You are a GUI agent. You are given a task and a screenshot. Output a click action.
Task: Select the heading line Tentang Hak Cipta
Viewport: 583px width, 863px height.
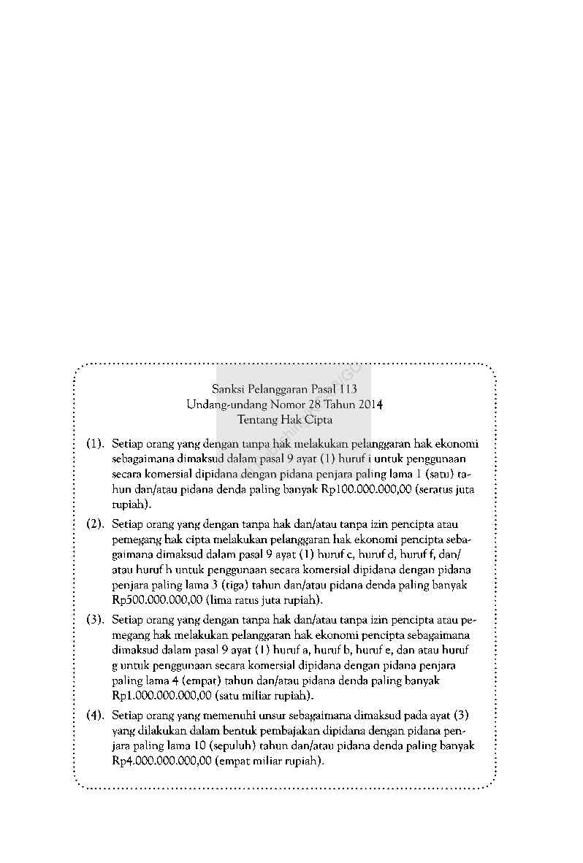coord(285,420)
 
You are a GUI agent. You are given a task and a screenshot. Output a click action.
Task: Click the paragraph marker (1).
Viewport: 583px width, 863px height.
coord(95,443)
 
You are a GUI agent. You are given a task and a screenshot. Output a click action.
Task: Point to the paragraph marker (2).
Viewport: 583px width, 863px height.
coord(95,524)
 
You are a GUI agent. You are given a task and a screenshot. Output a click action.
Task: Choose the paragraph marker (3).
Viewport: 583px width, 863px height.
coord(95,620)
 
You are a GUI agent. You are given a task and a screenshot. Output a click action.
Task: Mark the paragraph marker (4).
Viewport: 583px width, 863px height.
coord(95,715)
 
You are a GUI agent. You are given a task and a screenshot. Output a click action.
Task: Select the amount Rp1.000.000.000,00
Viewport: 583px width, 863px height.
coord(161,695)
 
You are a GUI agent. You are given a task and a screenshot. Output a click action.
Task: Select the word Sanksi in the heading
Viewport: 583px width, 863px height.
coord(229,389)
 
